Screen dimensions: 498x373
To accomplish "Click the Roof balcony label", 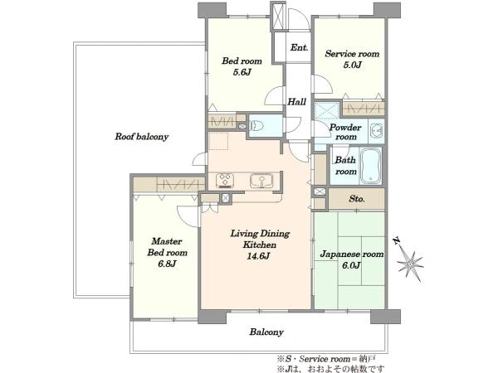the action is [141, 137].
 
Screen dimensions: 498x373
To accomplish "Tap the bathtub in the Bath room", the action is [371, 166].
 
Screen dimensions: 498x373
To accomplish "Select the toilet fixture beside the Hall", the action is [257, 126].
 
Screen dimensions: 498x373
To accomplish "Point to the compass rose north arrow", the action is [409, 260].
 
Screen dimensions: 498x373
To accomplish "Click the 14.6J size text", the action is [258, 256].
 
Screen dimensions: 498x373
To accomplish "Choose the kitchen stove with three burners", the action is [225, 181].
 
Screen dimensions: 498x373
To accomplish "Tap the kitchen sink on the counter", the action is [261, 181].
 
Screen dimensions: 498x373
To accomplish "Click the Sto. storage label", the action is [357, 199].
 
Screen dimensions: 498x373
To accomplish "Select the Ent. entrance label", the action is [299, 47].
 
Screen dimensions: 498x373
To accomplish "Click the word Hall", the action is [297, 102].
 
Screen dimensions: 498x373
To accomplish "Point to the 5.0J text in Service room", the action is [352, 65].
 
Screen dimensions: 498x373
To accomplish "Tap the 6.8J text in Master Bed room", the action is [167, 264].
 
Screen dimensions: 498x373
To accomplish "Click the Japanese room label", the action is [352, 254].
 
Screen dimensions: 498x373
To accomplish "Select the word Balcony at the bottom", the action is [266, 332].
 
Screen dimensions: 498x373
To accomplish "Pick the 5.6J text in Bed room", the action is [242, 72].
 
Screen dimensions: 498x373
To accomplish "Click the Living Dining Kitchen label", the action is [260, 240].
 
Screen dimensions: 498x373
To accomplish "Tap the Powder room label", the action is [345, 133].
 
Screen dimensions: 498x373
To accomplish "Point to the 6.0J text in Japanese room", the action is [351, 265].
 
